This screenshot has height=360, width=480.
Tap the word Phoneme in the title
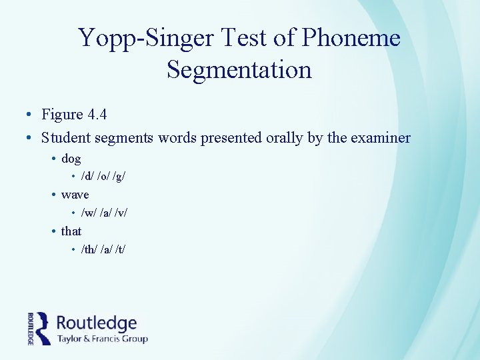[x=351, y=38]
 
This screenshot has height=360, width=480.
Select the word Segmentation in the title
[x=239, y=69]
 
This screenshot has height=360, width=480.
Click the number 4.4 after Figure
[x=97, y=115]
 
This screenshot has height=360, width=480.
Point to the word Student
[x=65, y=138]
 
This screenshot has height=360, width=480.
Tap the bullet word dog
[x=71, y=159]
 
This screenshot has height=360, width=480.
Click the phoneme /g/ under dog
[x=120, y=177]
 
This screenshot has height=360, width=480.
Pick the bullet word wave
[x=75, y=195]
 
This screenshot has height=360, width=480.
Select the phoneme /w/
[x=87, y=213]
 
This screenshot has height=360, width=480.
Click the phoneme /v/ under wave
[x=121, y=213]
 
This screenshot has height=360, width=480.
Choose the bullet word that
[x=71, y=231]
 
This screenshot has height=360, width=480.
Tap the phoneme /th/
[x=88, y=249]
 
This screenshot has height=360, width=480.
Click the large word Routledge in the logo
[x=97, y=324]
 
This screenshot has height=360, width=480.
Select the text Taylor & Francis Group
[x=102, y=339]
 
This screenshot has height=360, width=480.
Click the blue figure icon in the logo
[x=43, y=328]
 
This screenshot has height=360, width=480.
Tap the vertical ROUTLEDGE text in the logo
[x=31, y=328]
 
